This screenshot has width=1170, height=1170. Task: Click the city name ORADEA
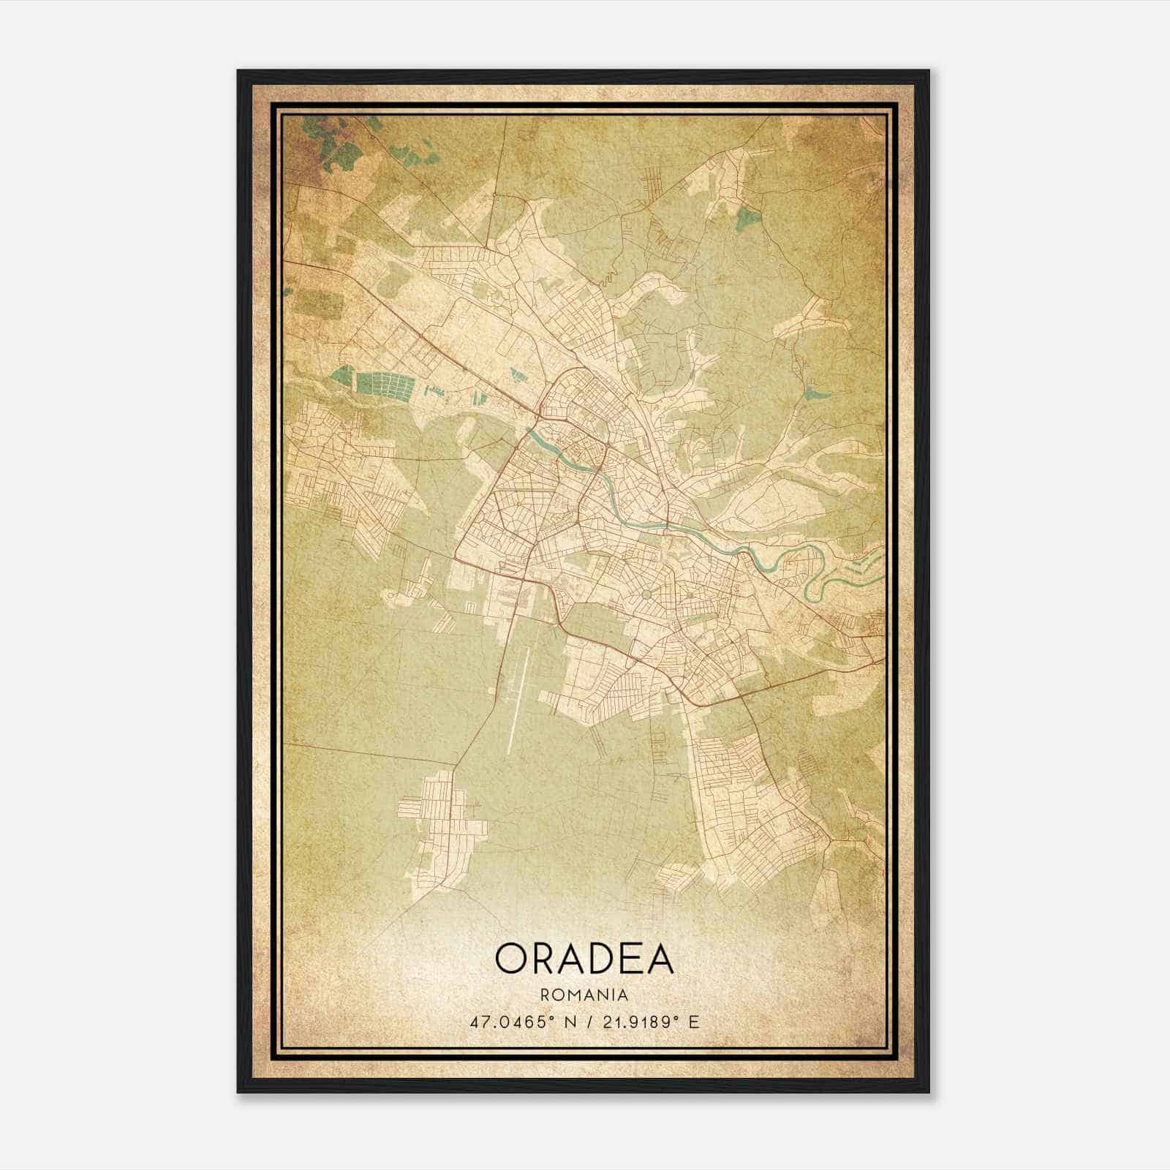tap(584, 958)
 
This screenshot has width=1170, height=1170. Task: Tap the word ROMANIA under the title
tap(584, 995)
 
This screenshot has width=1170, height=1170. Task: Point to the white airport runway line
tap(521, 695)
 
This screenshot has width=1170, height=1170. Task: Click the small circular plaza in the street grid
tap(647, 596)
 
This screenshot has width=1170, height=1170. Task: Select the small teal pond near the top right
tap(747, 217)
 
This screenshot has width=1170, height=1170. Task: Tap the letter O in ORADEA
tap(512, 958)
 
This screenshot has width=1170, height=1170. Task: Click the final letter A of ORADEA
tap(657, 958)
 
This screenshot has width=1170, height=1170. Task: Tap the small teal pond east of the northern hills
tap(815, 393)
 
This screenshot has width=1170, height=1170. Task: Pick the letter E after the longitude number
tap(695, 1022)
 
